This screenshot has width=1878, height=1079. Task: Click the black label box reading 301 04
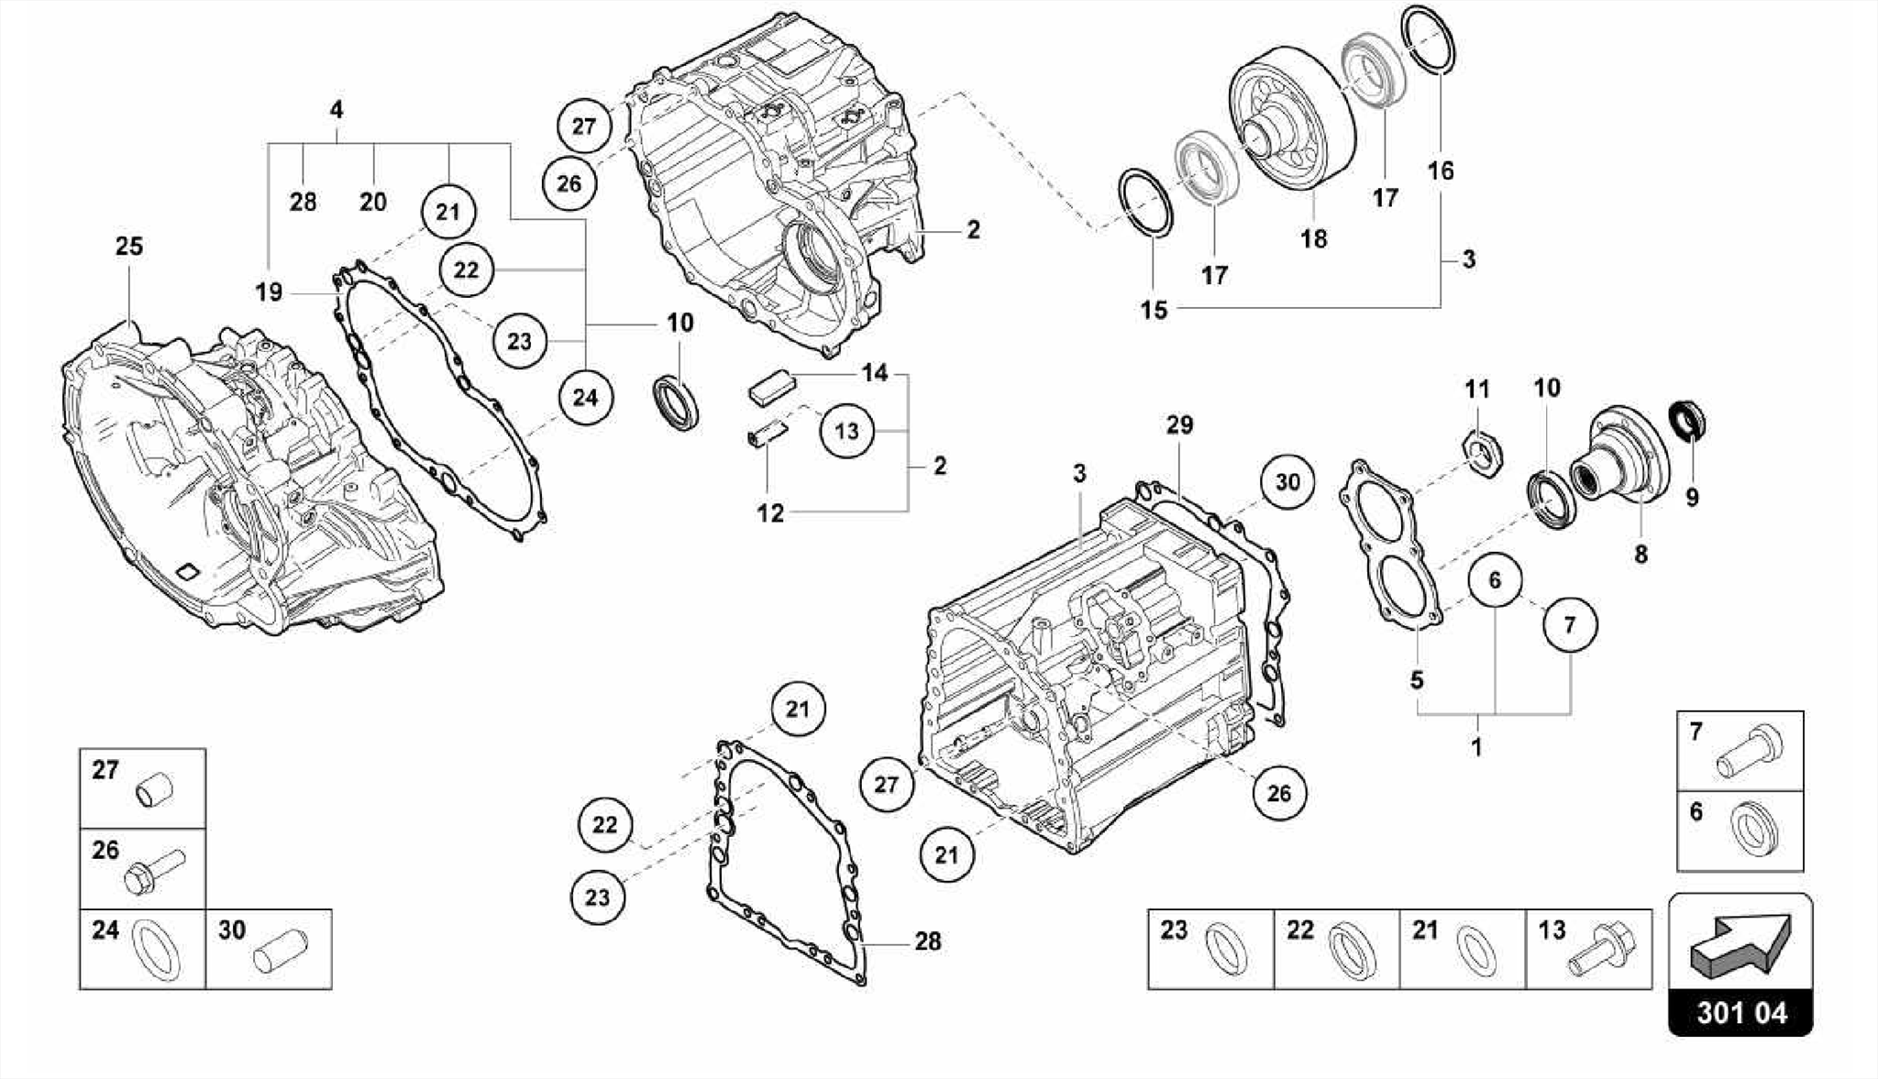tap(1740, 1013)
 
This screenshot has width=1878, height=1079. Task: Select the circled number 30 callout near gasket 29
tap(1287, 481)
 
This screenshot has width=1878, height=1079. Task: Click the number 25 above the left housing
tap(129, 246)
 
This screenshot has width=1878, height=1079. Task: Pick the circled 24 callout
tap(585, 397)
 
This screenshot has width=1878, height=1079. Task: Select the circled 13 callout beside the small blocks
tap(846, 430)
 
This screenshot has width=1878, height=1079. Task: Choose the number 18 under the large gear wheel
tap(1313, 238)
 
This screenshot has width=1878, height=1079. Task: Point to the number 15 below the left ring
tap(1154, 310)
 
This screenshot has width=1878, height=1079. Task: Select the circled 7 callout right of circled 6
tap(1570, 624)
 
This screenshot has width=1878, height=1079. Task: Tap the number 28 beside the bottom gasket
tap(927, 941)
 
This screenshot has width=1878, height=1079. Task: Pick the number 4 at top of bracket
tap(337, 110)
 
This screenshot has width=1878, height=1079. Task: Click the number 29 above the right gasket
tap(1180, 424)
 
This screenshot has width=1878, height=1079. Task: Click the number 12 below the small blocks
tap(770, 513)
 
